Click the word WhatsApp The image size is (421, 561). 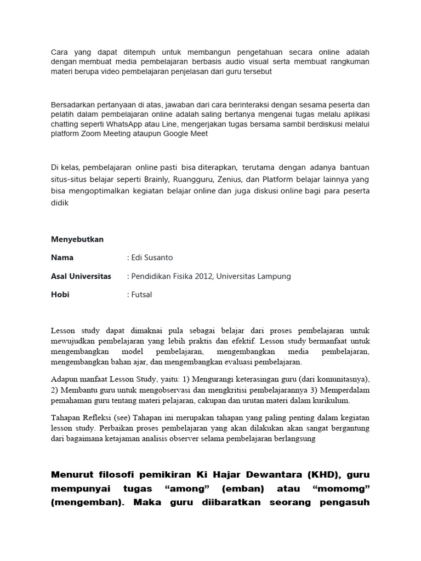pyautogui.click(x=132, y=124)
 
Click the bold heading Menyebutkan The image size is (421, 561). pyautogui.click(x=77, y=239)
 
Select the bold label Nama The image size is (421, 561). pyautogui.click(x=62, y=257)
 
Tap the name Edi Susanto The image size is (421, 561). pyautogui.click(x=152, y=257)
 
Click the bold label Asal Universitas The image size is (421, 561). pyautogui.click(x=81, y=276)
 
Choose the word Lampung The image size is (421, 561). pyautogui.click(x=272, y=276)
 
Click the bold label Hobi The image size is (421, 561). pyautogui.click(x=60, y=294)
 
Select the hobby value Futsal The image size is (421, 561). pyautogui.click(x=141, y=294)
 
